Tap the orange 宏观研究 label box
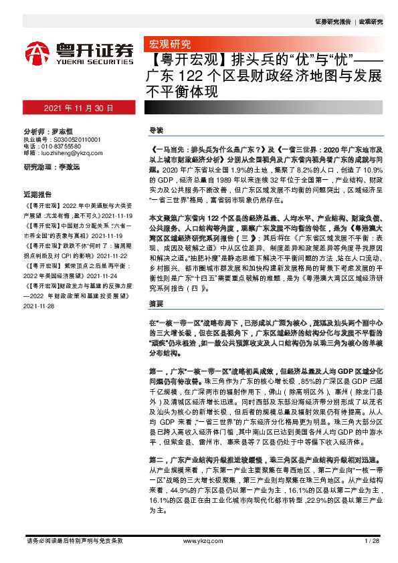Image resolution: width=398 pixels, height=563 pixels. coord(167,45)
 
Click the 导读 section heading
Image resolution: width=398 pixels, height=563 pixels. coord(155,129)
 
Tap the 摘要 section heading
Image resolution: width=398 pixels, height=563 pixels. coord(155,304)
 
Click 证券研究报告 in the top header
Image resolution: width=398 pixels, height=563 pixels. coord(332,22)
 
